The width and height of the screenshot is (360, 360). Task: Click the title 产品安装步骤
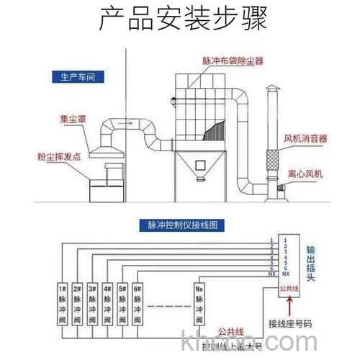pyautogui.click(x=180, y=19)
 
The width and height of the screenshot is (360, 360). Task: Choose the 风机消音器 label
pyautogui.click(x=305, y=137)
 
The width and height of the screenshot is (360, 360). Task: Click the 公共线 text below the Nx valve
pyautogui.click(x=230, y=330)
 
